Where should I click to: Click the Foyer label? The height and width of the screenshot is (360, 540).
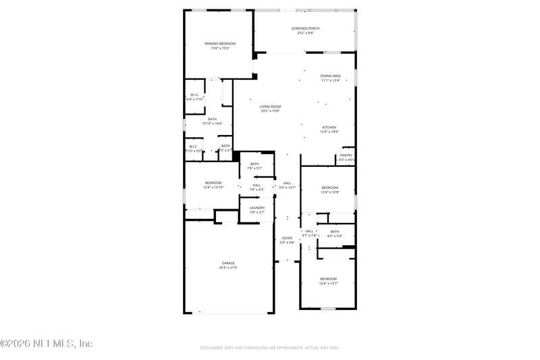click(x=287, y=239)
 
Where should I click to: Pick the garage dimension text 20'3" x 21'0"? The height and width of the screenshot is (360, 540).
click(x=228, y=268)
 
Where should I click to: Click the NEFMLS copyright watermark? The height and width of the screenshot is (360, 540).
click(x=46, y=344)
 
